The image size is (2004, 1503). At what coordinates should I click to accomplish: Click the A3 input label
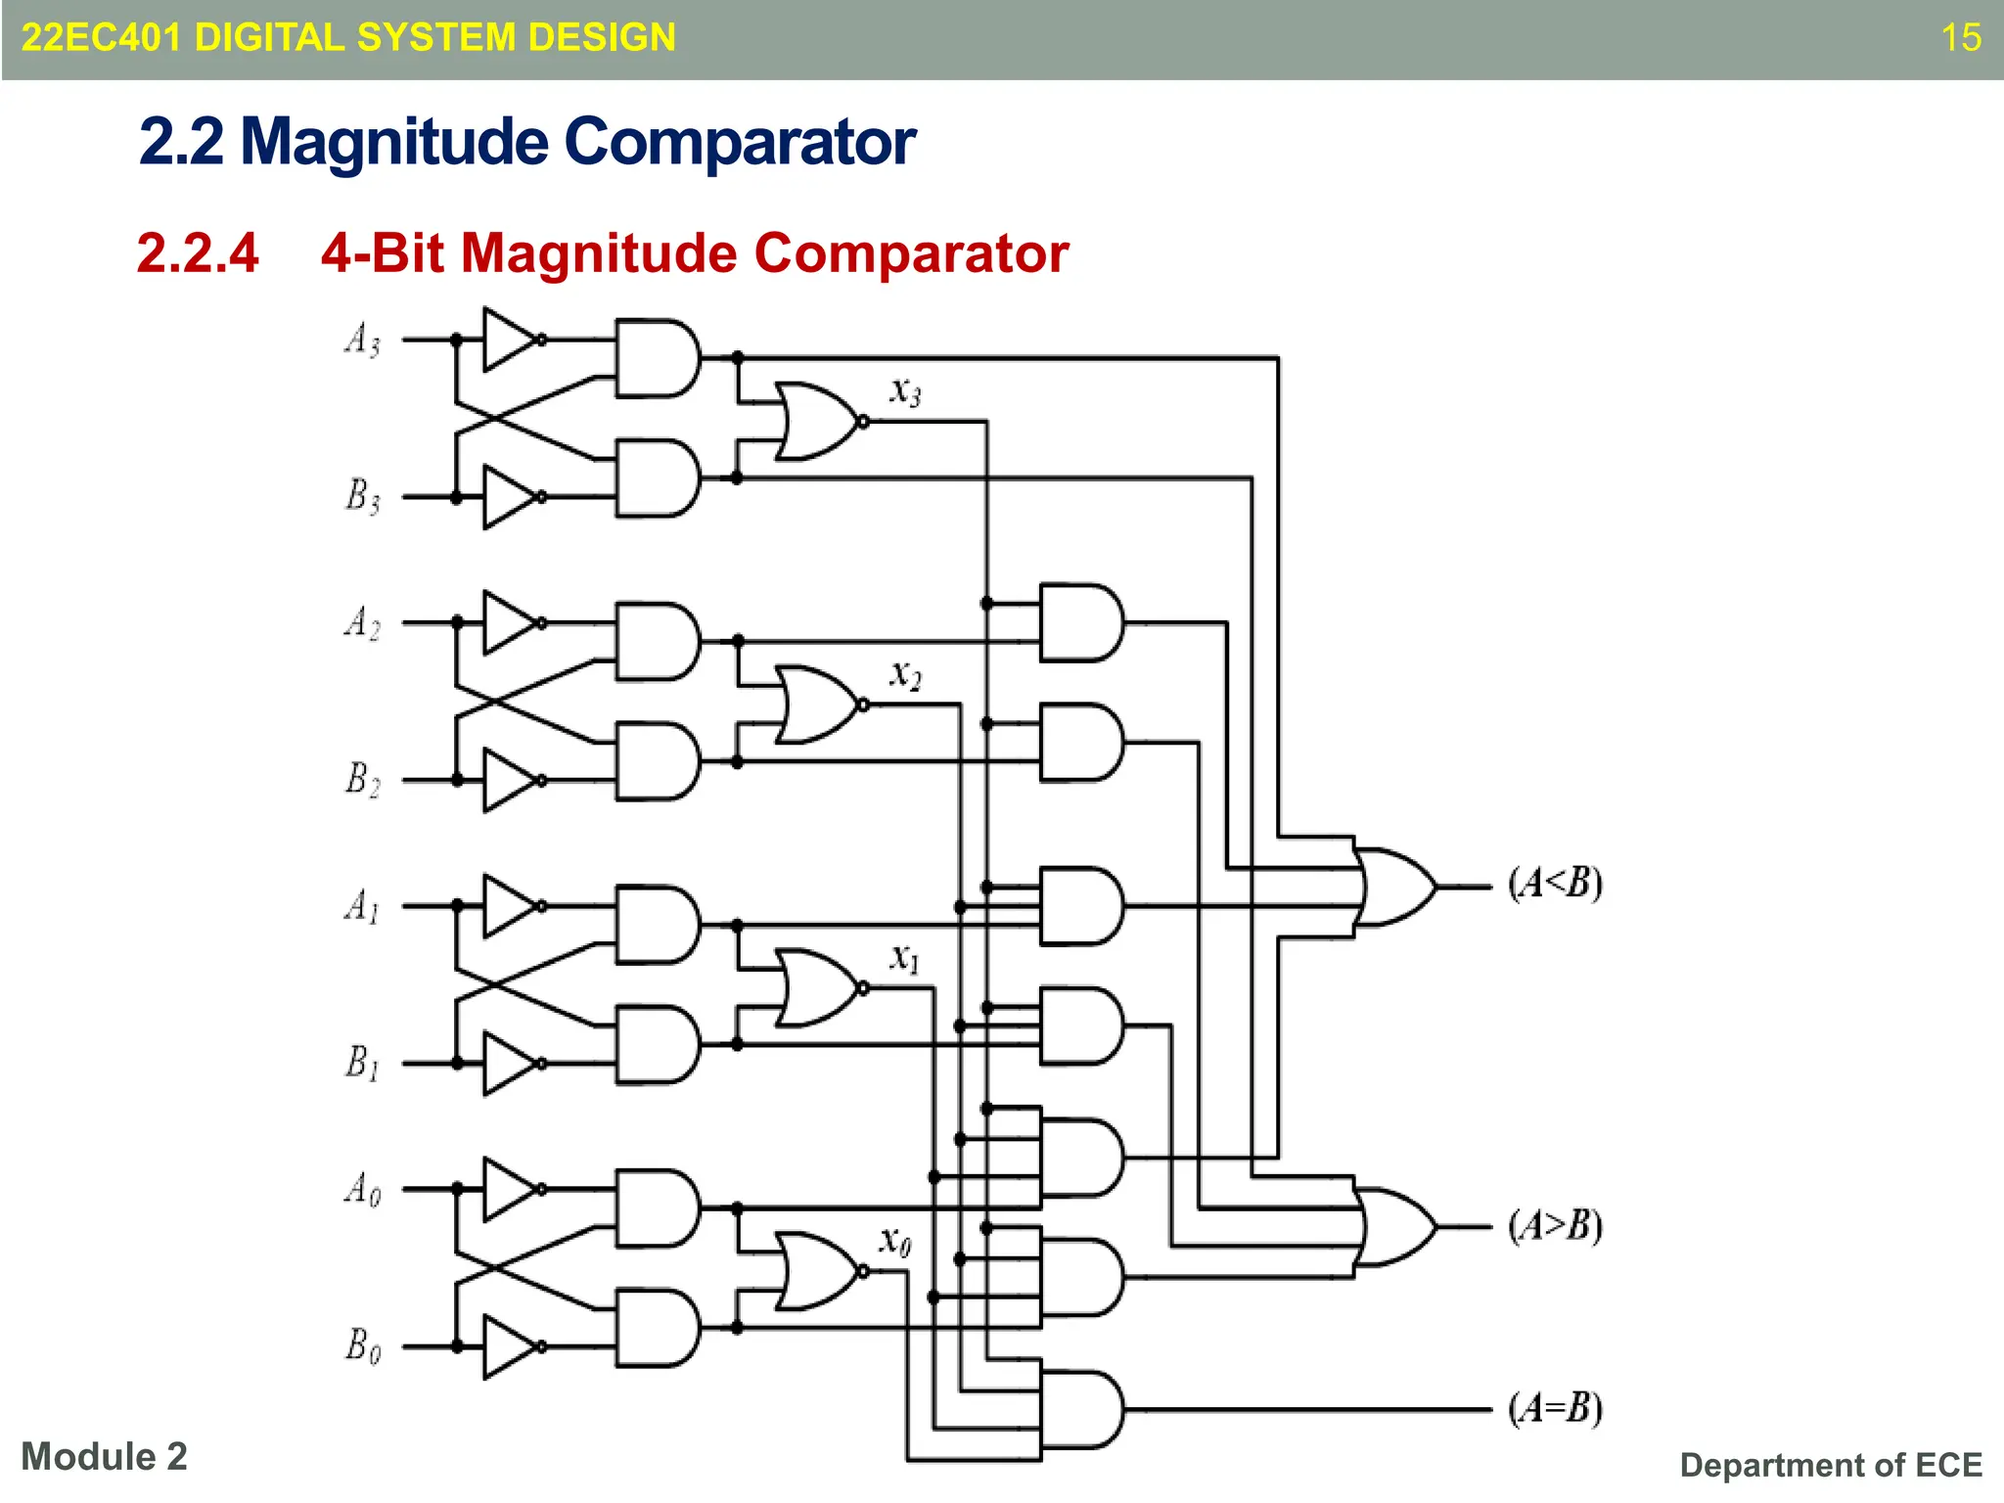coord(361,340)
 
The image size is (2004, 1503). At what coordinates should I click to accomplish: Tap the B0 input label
coord(361,1345)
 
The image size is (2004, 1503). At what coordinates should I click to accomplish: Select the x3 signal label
coord(905,391)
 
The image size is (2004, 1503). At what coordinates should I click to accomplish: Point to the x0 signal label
coord(894,1241)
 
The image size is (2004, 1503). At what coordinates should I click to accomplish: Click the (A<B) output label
coord(1554,883)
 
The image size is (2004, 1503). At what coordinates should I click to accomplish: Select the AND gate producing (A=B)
coord(1080,1409)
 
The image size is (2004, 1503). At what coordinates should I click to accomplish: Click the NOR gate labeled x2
coord(817,705)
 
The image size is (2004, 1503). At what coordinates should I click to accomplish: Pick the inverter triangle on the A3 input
coord(509,340)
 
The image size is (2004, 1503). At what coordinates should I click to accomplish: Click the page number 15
coord(1960,38)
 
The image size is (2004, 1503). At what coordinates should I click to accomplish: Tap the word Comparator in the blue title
coord(740,142)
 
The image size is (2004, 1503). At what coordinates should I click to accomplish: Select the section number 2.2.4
coord(198,253)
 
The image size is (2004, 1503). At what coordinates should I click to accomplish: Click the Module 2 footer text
coord(104,1456)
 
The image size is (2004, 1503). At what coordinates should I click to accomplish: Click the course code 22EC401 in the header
coord(101,38)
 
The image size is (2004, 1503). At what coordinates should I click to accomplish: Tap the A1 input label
coord(361,906)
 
